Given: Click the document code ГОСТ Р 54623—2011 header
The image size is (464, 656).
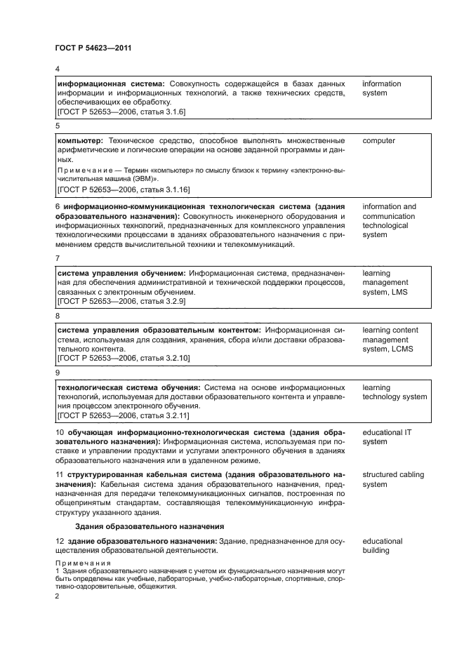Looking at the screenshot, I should pyautogui.click(x=93, y=47).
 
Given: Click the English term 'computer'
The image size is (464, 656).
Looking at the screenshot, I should pyautogui.click(x=378, y=141).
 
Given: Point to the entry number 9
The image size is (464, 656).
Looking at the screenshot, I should pyautogui.click(x=58, y=373).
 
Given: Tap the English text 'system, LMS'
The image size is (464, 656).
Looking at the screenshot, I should pyautogui.click(x=385, y=293).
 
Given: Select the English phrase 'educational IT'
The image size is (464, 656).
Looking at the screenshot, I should pyautogui.click(x=387, y=432).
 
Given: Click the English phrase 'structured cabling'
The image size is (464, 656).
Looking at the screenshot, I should pyautogui.click(x=393, y=475).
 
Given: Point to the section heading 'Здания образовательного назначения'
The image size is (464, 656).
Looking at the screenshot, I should pyautogui.click(x=149, y=526).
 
